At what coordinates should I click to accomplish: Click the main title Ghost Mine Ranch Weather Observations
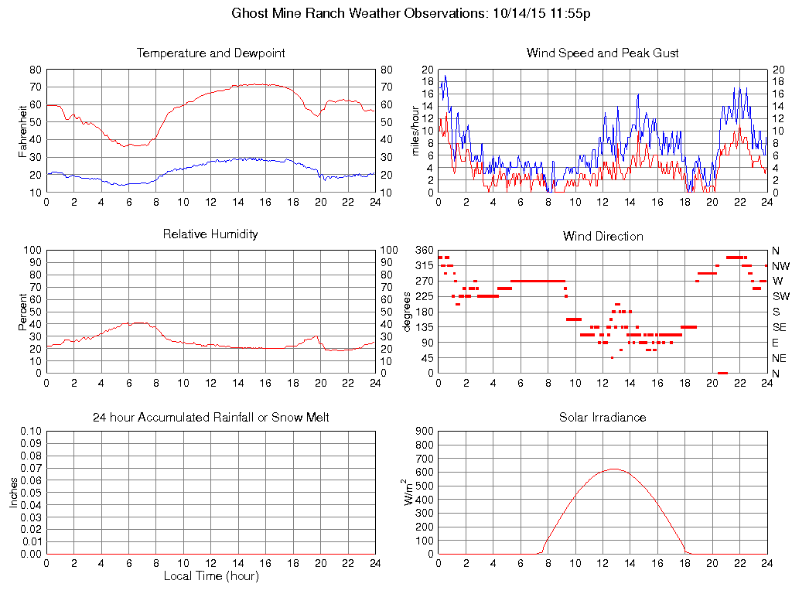coord(411,14)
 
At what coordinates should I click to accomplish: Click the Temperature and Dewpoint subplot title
coord(210,53)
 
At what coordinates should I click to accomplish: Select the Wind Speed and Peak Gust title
coord(603,53)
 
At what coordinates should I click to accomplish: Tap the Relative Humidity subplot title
coord(210,234)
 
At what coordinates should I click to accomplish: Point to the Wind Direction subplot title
coord(603,237)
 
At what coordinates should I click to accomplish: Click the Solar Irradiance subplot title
coord(603,418)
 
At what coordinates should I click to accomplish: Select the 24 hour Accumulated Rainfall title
coord(210,418)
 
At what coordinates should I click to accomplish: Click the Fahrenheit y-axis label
coord(23,130)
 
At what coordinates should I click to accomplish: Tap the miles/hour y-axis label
coord(415,130)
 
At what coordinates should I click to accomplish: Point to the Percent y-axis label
coord(23,311)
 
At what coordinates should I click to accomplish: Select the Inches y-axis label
coord(13,492)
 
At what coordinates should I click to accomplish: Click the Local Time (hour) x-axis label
coord(210,576)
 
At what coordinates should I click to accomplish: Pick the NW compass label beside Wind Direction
coord(780,265)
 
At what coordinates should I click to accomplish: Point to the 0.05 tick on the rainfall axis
coord(30,493)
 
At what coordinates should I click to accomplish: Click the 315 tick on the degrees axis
coord(424,265)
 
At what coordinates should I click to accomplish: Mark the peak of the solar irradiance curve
coord(613,469)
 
